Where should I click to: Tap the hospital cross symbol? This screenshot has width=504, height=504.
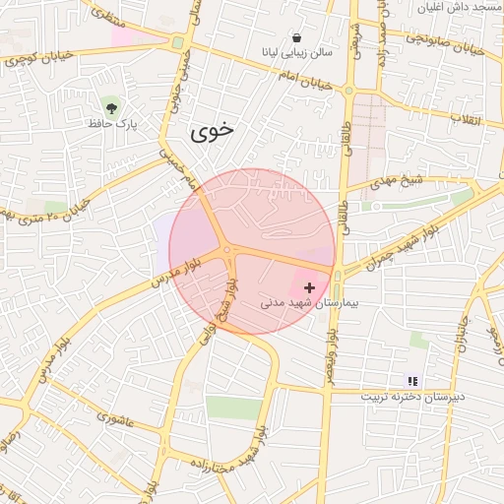tap(310, 288)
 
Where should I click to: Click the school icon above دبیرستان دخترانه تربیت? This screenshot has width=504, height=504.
tap(412, 381)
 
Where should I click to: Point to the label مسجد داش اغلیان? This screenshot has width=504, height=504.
tap(463, 8)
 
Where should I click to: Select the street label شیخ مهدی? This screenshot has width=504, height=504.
tap(397, 184)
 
